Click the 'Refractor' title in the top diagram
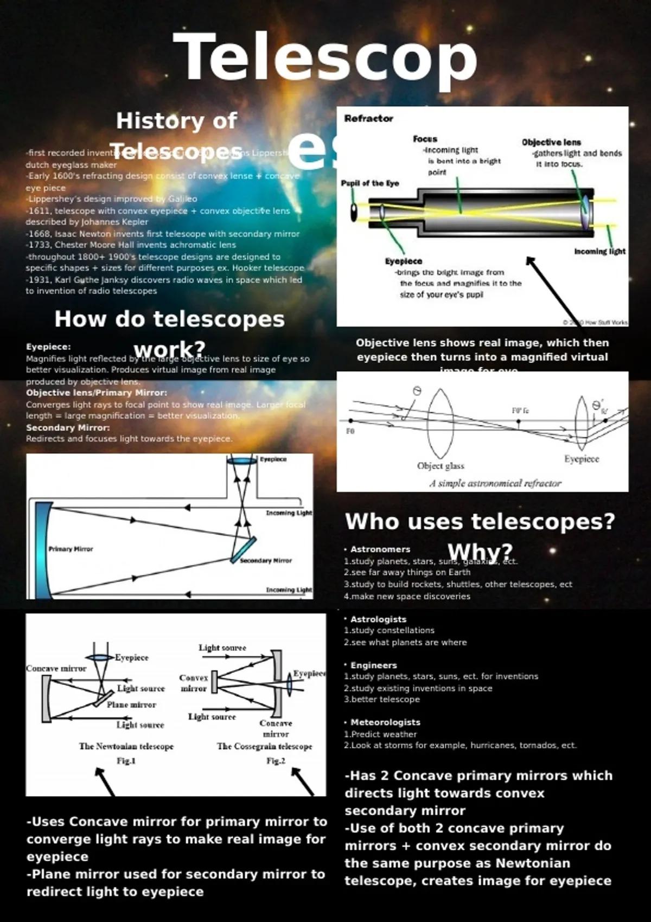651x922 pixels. pos(368,118)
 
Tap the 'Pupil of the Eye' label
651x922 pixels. pos(369,183)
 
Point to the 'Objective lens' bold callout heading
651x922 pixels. pos(551,142)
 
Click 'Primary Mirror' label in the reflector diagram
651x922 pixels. pos(71,549)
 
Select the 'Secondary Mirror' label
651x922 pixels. pos(266,560)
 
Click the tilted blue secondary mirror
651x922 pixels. pos(242,549)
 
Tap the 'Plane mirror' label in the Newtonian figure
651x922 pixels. pos(131,705)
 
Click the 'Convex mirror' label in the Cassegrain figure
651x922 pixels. pos(194,683)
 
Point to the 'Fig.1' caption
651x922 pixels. pos(126,761)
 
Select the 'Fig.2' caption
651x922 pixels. pos(276,761)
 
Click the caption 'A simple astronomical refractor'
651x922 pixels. pos(495,483)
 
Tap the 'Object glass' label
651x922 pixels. pos(441,465)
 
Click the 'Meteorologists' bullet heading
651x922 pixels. pos(385,722)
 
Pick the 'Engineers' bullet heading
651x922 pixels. pos(373,665)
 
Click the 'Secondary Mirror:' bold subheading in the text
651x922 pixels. pos(68,427)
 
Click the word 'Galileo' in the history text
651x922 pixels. pos(182,199)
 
